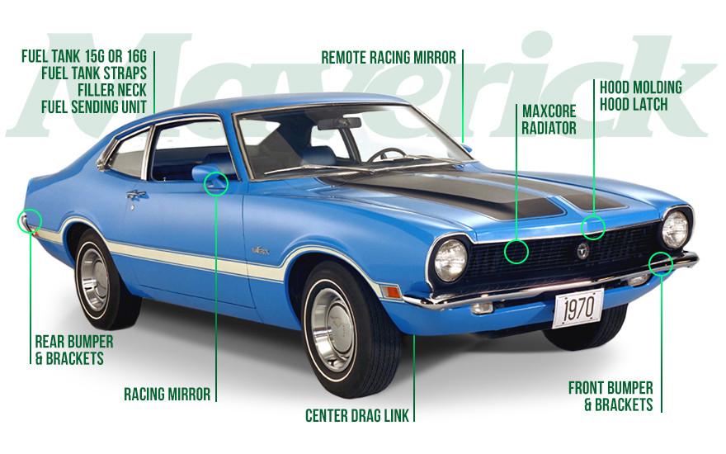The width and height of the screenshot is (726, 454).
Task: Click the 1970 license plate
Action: coord(577,309)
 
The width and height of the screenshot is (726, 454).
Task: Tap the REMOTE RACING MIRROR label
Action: coord(388,58)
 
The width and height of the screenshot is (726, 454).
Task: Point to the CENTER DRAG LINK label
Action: coord(357,414)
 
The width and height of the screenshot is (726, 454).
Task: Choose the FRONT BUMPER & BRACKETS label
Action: coord(611,395)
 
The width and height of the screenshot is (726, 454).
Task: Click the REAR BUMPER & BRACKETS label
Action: coord(74,349)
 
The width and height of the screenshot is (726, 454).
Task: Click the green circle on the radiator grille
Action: coord(516,252)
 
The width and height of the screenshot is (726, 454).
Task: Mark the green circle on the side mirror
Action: coord(216,182)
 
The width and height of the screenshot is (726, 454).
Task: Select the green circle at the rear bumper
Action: coord(30,221)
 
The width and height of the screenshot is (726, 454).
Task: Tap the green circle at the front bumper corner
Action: coord(660,262)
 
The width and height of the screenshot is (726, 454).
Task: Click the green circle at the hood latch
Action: coord(593,228)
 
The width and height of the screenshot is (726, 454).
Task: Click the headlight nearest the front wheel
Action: coord(450,259)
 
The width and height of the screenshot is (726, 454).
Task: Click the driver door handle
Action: coord(136,195)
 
